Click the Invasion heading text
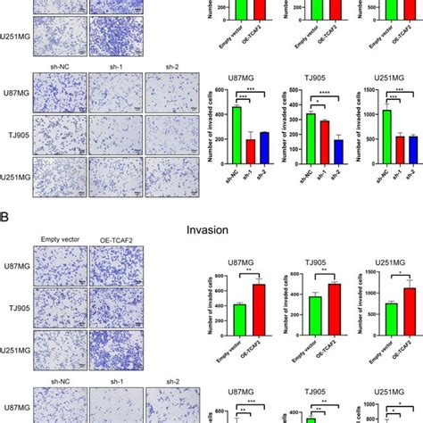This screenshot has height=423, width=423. [x=211, y=229]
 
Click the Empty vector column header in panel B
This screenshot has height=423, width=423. [x=60, y=238]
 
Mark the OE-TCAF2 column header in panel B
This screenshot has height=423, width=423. [x=115, y=238]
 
